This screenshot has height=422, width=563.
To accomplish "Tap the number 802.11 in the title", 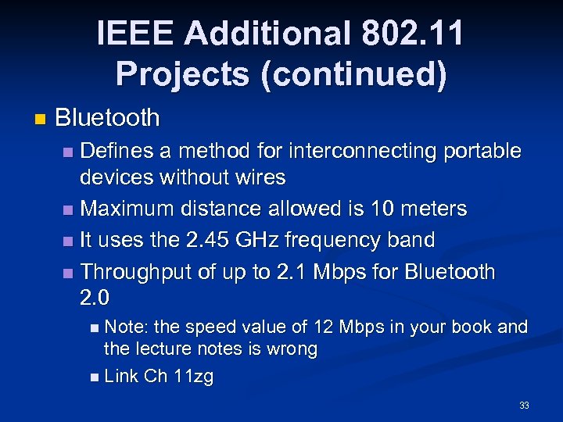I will pos(413,34).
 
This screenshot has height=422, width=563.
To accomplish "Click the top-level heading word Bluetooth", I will pos(108,118).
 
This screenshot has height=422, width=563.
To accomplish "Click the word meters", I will pos(432,209).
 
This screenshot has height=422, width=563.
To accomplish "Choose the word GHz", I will pos(260,240).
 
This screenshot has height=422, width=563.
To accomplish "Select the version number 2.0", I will pos(95,298).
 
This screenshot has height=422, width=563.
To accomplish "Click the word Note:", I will pos(128,327).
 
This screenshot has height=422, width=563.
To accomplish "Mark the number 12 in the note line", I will pos(323,327).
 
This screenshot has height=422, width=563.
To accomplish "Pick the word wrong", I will pos(293,349).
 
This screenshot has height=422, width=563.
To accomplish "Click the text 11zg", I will pos(193,376).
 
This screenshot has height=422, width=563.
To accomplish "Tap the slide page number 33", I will pos(524,406).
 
